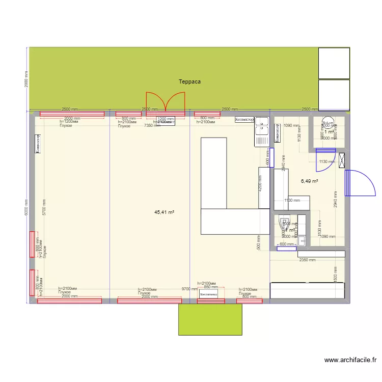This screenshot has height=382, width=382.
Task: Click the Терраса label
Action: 189,81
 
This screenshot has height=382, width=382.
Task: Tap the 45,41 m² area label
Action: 165,212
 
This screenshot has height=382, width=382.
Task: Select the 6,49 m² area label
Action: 309,181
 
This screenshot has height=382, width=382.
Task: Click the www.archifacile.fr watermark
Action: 351,361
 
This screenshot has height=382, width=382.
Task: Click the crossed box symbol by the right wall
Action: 342,160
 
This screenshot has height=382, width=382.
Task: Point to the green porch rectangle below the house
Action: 209,319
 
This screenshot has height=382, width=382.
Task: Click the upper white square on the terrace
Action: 334,63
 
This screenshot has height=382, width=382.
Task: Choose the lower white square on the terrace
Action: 334,94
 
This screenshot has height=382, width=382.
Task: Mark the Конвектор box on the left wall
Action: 38,144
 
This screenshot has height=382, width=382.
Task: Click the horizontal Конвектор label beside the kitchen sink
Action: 244,120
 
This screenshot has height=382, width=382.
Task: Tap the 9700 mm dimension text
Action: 189,289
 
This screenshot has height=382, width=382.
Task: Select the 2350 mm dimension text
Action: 307,260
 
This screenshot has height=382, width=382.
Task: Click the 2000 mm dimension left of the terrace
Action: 26,78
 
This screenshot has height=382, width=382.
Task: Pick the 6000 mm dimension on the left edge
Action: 26,207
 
